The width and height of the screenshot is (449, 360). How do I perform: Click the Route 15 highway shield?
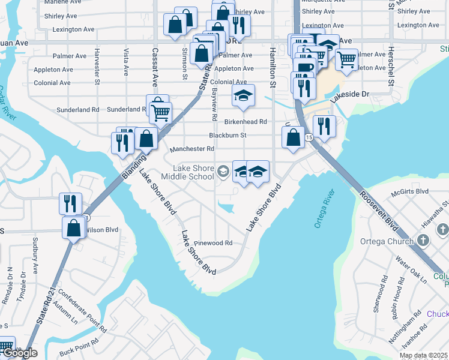pos(309,138)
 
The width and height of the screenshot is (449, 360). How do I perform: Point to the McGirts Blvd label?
pos(410,191)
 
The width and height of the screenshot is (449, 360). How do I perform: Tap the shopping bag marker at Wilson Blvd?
pos(73,228)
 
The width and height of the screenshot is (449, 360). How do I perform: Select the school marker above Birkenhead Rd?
pos(243,95)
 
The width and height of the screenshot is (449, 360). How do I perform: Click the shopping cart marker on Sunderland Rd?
pos(160,112)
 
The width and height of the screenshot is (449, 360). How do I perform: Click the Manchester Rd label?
pos(191,149)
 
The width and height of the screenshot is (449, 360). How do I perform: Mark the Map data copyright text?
pos(423,355)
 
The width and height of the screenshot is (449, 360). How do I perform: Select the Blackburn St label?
pos(228,136)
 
